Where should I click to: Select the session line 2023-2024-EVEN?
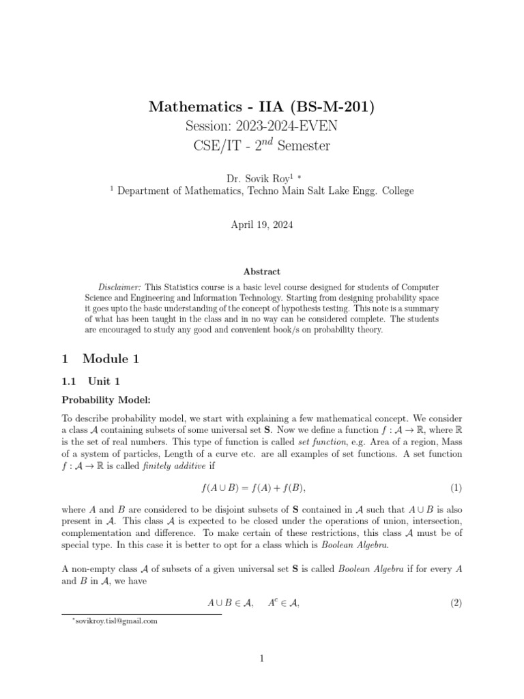tap(261, 126)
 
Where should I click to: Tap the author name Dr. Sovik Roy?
tap(250, 178)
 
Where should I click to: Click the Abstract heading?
tap(262, 272)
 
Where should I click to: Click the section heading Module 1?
tap(110, 358)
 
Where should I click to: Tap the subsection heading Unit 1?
tap(103, 382)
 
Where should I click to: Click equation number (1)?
tap(456, 487)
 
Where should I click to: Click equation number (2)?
tap(456, 603)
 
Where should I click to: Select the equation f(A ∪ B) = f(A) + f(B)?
tap(261, 487)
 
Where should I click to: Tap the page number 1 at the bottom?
tap(262, 659)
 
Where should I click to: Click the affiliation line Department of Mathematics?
tap(265, 191)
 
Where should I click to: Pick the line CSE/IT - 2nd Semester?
tap(261, 146)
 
